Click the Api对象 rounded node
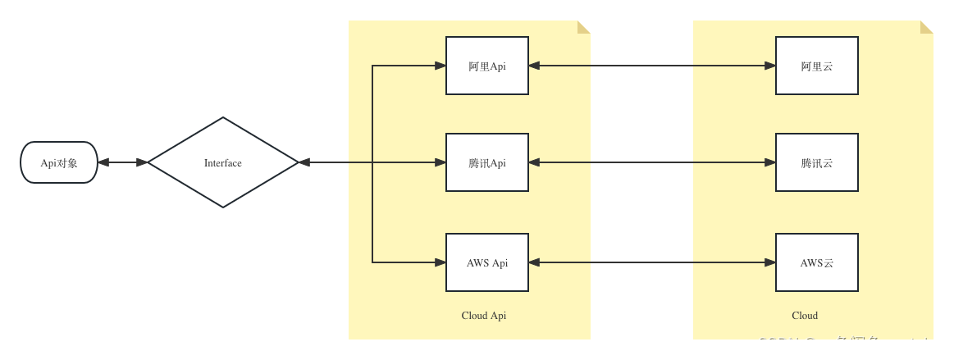(x=59, y=162)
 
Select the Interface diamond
(x=223, y=162)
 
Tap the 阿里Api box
(x=487, y=66)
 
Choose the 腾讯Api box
(x=487, y=162)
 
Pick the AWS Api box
(x=487, y=262)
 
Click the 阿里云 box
(x=817, y=66)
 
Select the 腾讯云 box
(x=817, y=162)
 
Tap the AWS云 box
(x=817, y=262)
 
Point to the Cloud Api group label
(x=484, y=316)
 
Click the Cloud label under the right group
(x=805, y=316)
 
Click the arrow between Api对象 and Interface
(x=123, y=162)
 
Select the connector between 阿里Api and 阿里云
(x=652, y=66)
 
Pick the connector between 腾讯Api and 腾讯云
(x=652, y=162)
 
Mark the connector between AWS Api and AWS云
(x=652, y=262)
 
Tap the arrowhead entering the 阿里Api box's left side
(x=440, y=66)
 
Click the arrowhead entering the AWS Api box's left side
(x=440, y=262)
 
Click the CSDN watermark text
(x=849, y=344)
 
